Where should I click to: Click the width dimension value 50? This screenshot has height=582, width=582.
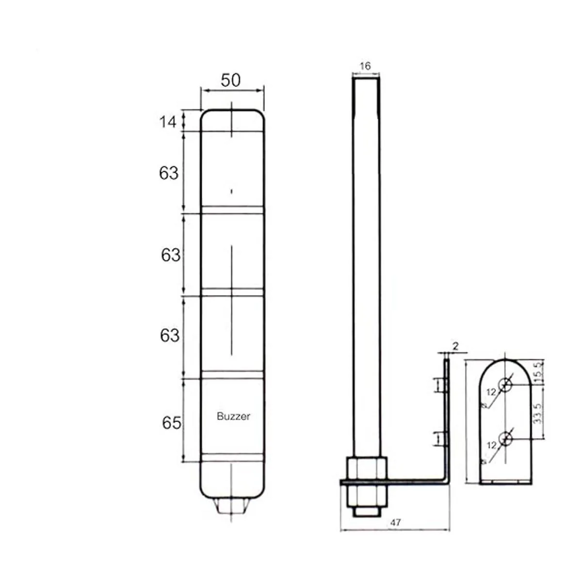pyautogui.click(x=230, y=80)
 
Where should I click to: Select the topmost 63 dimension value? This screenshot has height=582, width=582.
pyautogui.click(x=169, y=173)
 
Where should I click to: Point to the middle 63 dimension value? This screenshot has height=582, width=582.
pyautogui.click(x=170, y=255)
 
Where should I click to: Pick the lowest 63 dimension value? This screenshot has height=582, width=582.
pyautogui.click(x=169, y=335)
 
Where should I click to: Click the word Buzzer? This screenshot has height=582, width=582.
pyautogui.click(x=233, y=416)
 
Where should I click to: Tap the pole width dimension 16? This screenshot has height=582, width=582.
pyautogui.click(x=365, y=66)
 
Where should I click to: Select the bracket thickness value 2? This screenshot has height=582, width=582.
pyautogui.click(x=455, y=346)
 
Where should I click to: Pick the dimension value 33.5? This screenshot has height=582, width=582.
pyautogui.click(x=538, y=413)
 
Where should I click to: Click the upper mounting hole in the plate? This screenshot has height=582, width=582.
pyautogui.click(x=506, y=386)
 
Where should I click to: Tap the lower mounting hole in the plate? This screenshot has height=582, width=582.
pyautogui.click(x=506, y=440)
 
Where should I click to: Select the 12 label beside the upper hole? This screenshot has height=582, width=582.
pyautogui.click(x=491, y=392)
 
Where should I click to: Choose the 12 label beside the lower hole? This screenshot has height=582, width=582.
pyautogui.click(x=491, y=445)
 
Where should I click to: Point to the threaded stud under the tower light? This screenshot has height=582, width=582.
pyautogui.click(x=233, y=507)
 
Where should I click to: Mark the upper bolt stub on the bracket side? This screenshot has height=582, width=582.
pyautogui.click(x=441, y=385)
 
